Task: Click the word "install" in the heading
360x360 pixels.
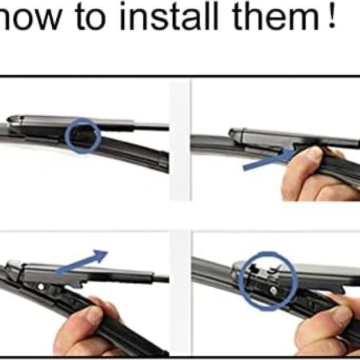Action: (x=169, y=16)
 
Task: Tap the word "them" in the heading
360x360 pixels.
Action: (x=276, y=17)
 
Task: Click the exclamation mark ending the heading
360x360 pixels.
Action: (x=332, y=16)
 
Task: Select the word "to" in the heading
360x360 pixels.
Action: (x=90, y=18)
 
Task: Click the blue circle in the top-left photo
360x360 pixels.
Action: (x=66, y=136)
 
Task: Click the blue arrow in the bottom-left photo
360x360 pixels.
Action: (x=82, y=262)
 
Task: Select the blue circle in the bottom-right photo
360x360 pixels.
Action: (x=240, y=281)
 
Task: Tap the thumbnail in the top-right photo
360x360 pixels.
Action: (x=315, y=153)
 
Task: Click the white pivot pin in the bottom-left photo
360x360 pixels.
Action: (x=41, y=287)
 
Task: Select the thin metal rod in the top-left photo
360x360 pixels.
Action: (x=151, y=127)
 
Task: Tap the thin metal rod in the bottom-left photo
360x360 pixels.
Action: (x=161, y=279)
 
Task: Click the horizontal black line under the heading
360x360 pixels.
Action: (x=180, y=77)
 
